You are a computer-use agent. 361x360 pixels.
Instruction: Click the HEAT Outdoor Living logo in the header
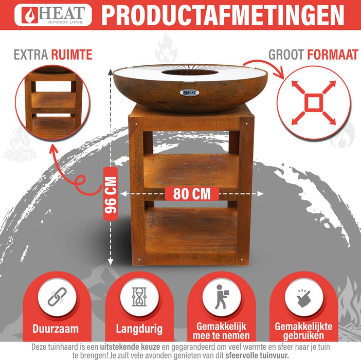click(x=53, y=15)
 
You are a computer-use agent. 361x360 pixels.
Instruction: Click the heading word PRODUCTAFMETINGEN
click(x=223, y=15)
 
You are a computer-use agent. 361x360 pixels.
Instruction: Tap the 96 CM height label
click(x=111, y=193)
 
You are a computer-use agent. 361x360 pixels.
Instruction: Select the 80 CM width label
click(x=192, y=194)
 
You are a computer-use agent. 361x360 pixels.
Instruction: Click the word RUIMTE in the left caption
click(x=74, y=55)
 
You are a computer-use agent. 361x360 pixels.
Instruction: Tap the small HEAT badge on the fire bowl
click(x=189, y=93)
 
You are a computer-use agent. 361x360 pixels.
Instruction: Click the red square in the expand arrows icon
click(x=313, y=102)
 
